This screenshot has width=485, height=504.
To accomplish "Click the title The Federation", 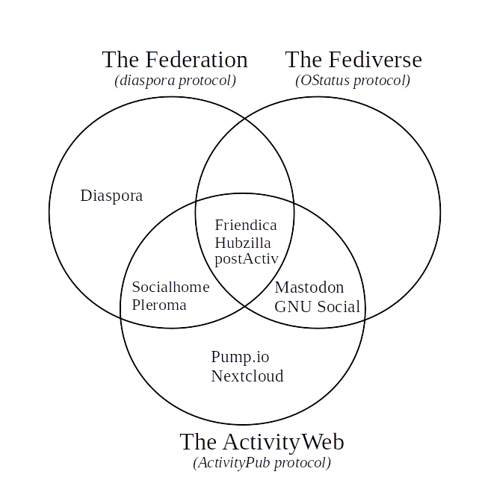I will tap(175, 60).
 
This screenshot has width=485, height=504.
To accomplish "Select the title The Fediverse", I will tap(353, 60).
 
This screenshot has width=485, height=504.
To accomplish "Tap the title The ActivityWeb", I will tap(262, 442).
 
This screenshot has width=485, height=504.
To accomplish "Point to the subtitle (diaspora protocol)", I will tap(175, 81).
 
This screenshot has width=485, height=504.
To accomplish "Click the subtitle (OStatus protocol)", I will tap(353, 81).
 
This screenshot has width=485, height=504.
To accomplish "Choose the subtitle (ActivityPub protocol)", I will tap(262, 463).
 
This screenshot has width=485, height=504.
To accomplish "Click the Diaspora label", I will tap(111, 196).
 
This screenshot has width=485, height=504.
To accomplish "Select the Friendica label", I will tap(245, 225).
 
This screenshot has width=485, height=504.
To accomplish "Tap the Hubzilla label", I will tap(242, 243).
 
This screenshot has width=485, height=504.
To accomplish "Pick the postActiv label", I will tap(246, 259).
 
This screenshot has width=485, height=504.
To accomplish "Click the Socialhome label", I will tap(170, 287).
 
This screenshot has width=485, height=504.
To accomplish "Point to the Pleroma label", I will tap(159, 305).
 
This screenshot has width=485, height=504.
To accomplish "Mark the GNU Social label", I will tap(317, 307).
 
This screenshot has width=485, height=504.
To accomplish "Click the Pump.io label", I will tap(240, 358).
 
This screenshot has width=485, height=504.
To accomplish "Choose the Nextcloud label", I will tap(247, 376).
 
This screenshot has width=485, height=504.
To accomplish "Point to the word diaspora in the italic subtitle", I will tap(146, 81).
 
